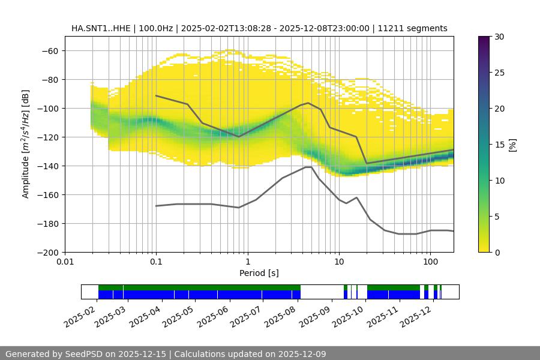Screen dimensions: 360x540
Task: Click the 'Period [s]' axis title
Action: point(259,273)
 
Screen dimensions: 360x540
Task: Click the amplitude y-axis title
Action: point(26,144)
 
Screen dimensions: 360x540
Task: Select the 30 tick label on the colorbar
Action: point(499,37)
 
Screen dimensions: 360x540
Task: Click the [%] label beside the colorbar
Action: point(512,145)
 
